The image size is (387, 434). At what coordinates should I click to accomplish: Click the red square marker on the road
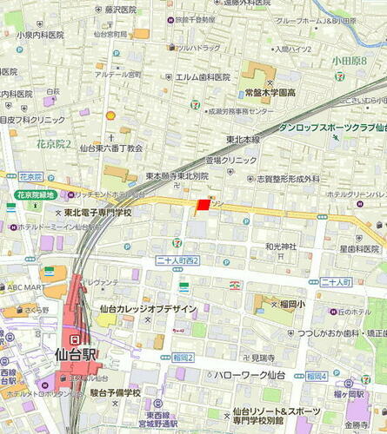click(203, 205)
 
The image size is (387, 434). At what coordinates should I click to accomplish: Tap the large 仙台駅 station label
click(75, 353)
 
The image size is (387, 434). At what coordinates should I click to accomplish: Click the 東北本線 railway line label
click(244, 139)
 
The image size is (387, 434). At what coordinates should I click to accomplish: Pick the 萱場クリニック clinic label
click(230, 161)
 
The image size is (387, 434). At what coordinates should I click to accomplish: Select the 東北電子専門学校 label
click(97, 213)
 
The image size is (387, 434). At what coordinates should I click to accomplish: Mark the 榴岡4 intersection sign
click(316, 376)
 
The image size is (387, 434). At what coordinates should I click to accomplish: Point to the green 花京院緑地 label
click(36, 195)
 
